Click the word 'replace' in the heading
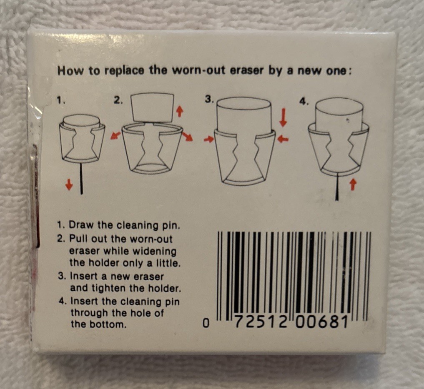(124, 71)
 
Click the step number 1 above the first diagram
(61, 100)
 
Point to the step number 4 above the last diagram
(304, 101)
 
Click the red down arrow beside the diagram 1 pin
(70, 185)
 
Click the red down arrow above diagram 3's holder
(283, 117)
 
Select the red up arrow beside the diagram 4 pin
(352, 185)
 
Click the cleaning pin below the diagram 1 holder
(81, 178)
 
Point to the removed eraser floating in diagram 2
(152, 107)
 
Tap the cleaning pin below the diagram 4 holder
(337, 187)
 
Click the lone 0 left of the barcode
(206, 323)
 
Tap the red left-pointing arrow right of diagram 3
(283, 139)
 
